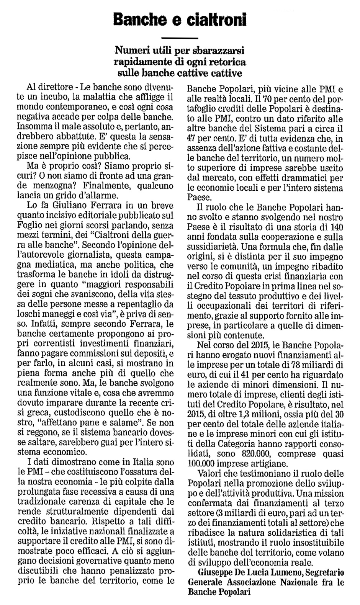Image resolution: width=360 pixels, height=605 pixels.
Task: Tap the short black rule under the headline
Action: tap(180, 38)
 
